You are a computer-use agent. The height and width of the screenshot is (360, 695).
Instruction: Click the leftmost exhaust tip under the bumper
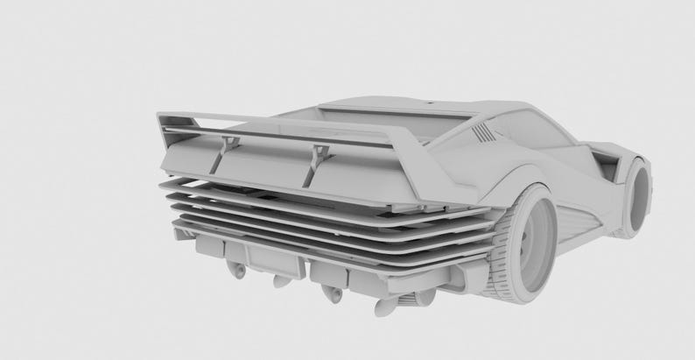[235, 271]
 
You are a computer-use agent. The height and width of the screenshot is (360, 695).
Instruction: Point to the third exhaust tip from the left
[331, 294]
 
